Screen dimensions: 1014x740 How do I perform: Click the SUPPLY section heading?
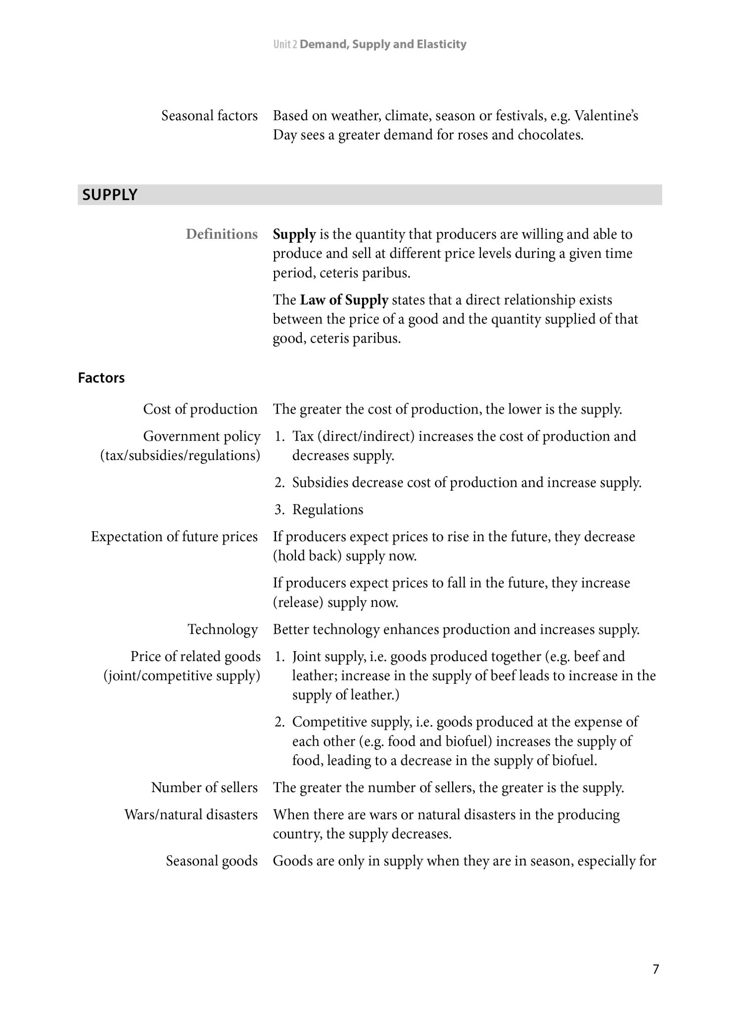[x=110, y=195]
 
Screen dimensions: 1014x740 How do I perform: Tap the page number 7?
[x=655, y=969]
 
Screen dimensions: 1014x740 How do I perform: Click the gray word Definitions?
[x=222, y=234]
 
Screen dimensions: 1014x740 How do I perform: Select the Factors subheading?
[x=101, y=378]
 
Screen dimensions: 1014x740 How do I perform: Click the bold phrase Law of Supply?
[x=344, y=300]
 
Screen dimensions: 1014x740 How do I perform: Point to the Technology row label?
[x=223, y=629]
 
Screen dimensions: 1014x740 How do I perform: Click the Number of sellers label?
[x=204, y=787]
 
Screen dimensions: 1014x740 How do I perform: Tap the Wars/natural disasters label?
[x=191, y=814]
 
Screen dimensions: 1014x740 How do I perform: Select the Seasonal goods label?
[x=212, y=861]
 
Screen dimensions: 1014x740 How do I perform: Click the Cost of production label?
[x=200, y=409]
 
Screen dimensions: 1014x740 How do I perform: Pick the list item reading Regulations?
[x=327, y=509]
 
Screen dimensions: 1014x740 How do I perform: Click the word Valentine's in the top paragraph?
[x=606, y=116]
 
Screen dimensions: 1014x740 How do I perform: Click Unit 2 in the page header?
[x=285, y=45]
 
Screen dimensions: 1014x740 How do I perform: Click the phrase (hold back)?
[x=307, y=556]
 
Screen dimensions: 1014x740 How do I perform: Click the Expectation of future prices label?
[x=174, y=537]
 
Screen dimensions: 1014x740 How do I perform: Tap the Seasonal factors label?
[x=209, y=116]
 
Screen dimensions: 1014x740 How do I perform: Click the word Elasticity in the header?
[x=441, y=45]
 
